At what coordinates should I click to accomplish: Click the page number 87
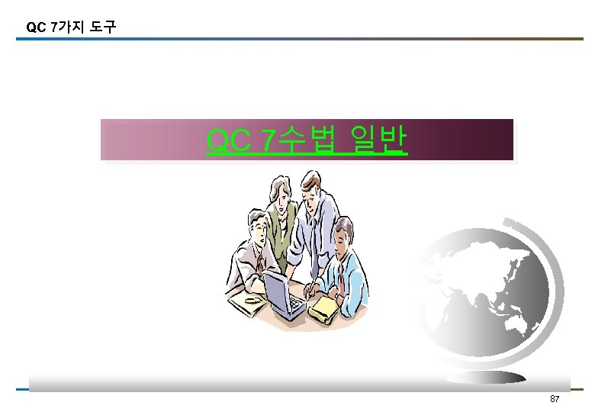pyautogui.click(x=555, y=400)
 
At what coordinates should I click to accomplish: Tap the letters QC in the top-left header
pyautogui.click(x=35, y=27)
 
